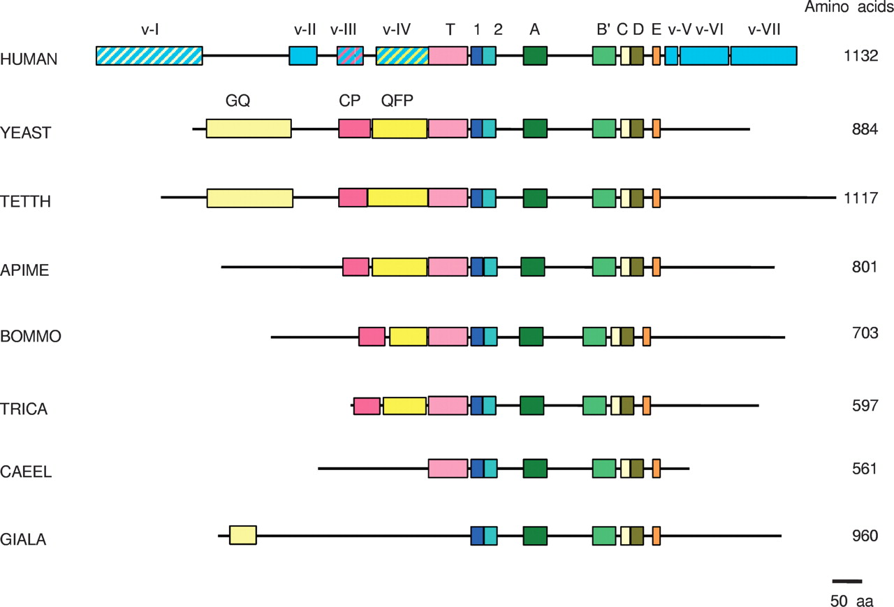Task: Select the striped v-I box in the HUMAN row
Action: (149, 56)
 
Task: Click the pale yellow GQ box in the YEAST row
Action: (249, 129)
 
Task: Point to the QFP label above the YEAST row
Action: (397, 100)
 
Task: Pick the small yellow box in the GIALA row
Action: (243, 536)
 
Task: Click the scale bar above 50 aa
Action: (847, 580)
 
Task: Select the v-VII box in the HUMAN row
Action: (763, 56)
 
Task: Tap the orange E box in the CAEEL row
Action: (657, 469)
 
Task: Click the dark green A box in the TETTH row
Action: (535, 198)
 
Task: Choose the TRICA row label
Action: (24, 409)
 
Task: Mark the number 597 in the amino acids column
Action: (865, 406)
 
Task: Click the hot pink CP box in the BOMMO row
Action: (372, 337)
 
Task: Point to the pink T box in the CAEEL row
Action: (448, 469)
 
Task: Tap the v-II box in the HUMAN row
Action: (303, 56)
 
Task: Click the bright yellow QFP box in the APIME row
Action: (400, 267)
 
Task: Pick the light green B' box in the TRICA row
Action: (594, 406)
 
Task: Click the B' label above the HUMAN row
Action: (603, 29)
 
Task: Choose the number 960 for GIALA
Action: (865, 536)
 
